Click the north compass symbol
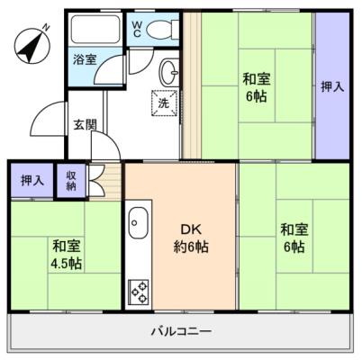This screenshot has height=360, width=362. click(32, 45)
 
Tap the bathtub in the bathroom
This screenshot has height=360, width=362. click(95, 29)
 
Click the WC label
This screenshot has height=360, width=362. click(137, 30)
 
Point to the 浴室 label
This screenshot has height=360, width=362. click(85, 59)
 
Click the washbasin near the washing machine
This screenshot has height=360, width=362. click(169, 72)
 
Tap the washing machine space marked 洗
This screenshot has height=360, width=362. click(164, 103)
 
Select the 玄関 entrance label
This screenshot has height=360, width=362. click(86, 124)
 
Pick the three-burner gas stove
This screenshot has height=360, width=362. click(139, 292)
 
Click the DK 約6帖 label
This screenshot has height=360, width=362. click(191, 238)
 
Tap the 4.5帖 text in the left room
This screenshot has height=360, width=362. click(66, 264)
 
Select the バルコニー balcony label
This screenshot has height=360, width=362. click(181, 332)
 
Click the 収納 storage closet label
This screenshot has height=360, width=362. click(71, 181)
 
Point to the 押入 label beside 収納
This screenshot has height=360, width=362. click(32, 181)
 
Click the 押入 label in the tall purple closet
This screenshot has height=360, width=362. click(332, 86)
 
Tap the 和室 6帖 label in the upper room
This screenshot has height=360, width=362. click(257, 87)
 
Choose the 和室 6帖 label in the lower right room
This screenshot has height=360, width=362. click(294, 238)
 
